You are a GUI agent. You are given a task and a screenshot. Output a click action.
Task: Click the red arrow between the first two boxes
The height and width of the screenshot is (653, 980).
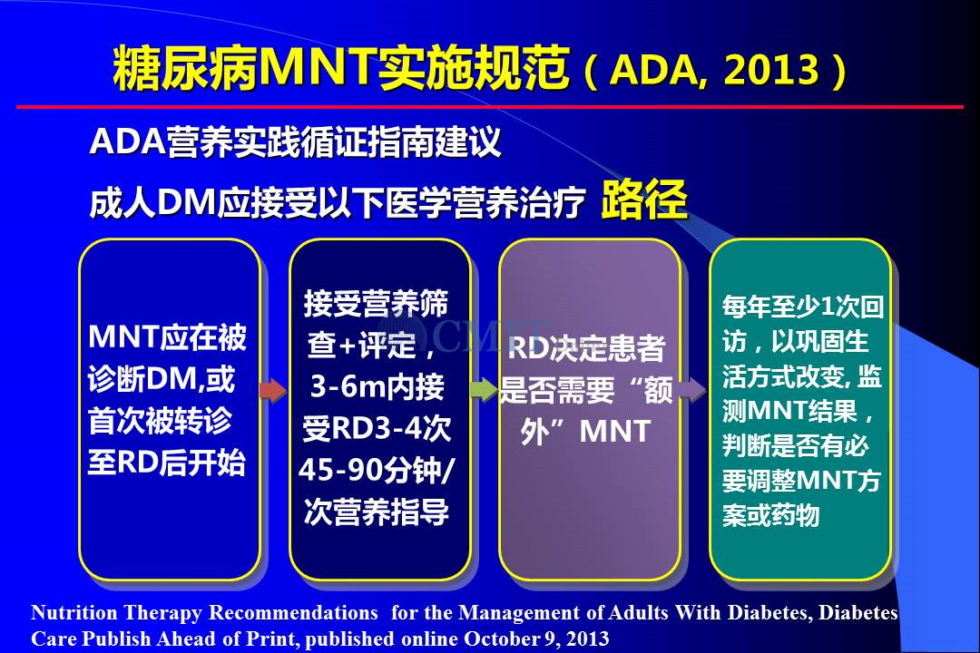pos(273,391)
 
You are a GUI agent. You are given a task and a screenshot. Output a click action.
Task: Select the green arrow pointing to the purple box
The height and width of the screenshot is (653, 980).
pos(484,390)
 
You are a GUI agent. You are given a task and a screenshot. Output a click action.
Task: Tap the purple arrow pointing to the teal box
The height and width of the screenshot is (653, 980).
pos(692,390)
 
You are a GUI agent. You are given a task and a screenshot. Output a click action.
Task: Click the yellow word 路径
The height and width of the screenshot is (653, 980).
pos(644,200)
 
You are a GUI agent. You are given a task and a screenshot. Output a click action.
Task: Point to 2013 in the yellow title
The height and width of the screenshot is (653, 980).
pos(772,69)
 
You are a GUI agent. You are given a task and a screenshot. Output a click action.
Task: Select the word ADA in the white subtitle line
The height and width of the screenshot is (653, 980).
pos(127,141)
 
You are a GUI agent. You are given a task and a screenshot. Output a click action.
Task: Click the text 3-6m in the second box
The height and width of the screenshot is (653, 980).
pos(341,386)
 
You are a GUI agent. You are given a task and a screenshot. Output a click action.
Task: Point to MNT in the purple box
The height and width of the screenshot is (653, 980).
pos(615,431)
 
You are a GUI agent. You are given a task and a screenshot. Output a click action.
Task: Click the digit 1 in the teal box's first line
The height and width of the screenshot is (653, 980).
pos(828,307)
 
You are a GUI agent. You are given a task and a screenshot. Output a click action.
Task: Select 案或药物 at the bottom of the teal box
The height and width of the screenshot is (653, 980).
pos(770,515)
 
